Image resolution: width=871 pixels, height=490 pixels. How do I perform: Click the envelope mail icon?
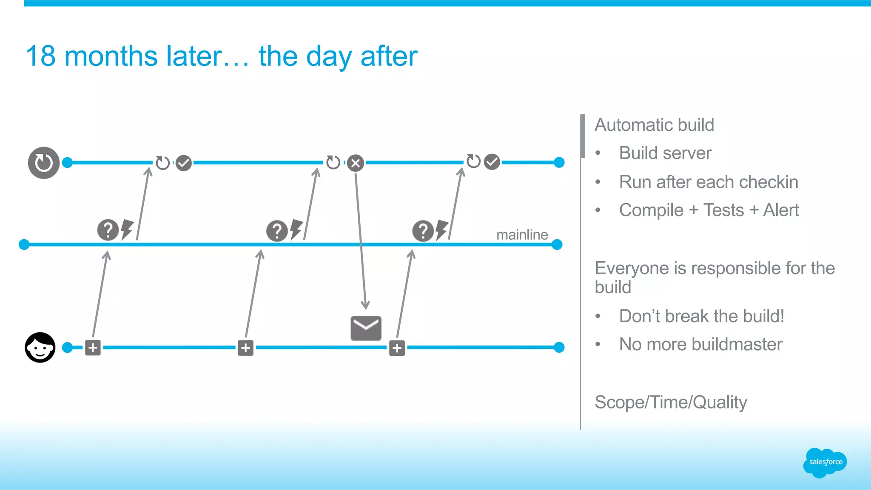pos(366,328)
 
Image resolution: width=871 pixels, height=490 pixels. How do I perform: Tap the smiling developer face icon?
pos(40,347)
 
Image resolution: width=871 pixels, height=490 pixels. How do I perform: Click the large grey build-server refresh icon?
pos(43,163)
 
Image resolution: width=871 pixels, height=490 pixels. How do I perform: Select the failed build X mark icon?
pos(356,163)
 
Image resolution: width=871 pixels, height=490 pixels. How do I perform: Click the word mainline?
pos(522,235)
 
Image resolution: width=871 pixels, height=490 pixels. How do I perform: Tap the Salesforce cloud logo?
pos(825,462)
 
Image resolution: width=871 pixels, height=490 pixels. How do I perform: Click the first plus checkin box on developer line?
pos(93,348)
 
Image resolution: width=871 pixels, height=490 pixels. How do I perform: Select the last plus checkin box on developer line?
pos(397,348)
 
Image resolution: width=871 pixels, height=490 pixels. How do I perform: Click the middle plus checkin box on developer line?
pos(245,348)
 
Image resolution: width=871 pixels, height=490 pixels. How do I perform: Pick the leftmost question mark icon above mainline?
pos(108,230)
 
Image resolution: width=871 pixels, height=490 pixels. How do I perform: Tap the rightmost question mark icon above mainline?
pos(423,231)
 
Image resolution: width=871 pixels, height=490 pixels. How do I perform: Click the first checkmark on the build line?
pos(184,163)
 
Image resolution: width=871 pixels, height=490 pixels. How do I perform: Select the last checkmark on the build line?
pos(492,162)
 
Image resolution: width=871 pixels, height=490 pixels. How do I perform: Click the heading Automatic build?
pos(654,125)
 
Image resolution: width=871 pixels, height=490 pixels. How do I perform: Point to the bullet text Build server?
pos(665,153)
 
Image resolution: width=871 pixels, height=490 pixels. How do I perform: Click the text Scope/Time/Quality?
pos(671,402)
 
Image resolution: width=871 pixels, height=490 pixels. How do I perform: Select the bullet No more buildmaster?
pos(700,344)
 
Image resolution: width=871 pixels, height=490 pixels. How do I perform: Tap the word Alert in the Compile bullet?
pos(781,210)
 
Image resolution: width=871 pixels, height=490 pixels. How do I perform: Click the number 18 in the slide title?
pos(41,56)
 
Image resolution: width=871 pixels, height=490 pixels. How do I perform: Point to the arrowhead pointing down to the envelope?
pos(365,305)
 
